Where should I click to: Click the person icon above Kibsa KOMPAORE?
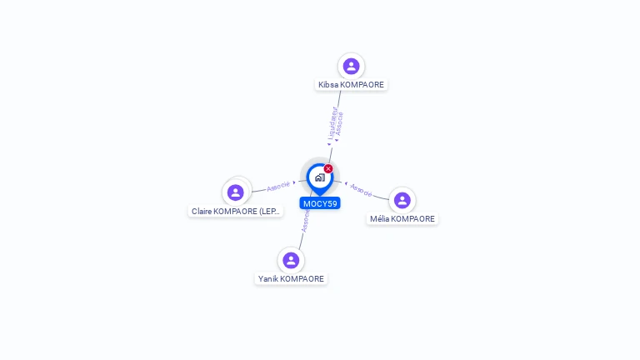[351, 66]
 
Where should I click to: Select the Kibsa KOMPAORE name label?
[351, 85]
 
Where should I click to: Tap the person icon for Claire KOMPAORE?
[236, 192]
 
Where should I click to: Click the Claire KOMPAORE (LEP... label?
[236, 212]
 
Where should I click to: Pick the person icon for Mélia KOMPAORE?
[402, 200]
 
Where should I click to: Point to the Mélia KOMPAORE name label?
[402, 219]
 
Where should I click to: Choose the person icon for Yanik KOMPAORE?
[291, 260]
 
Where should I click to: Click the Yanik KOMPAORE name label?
[291, 279]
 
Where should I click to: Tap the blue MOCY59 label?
[320, 203]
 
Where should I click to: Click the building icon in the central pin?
[319, 177]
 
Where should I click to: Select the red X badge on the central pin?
[328, 169]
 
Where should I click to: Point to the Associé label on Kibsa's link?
[339, 124]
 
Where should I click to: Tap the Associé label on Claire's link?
[278, 185]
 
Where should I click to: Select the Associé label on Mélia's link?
[361, 189]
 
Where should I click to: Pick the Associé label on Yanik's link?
[305, 222]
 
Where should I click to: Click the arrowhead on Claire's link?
[294, 182]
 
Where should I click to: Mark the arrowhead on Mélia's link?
[346, 182]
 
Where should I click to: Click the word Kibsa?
[328, 85]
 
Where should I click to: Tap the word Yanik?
[267, 279]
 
